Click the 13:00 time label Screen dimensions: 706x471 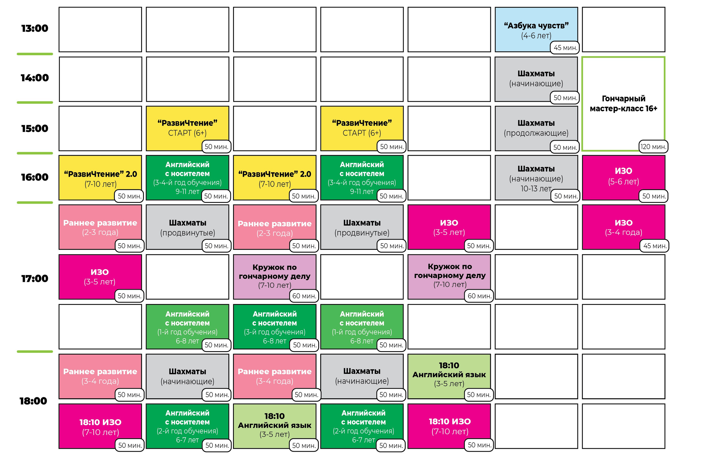pyautogui.click(x=34, y=28)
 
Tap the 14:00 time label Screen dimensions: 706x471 pyautogui.click(x=34, y=78)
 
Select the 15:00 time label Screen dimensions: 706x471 pyautogui.click(x=34, y=129)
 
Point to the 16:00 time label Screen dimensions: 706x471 pyautogui.click(x=34, y=177)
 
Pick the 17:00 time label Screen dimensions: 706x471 pyautogui.click(x=34, y=279)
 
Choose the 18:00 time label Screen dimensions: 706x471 pyautogui.click(x=33, y=401)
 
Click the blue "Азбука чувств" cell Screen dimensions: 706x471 pyautogui.click(x=536, y=30)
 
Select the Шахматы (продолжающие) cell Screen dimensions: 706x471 pyautogui.click(x=536, y=128)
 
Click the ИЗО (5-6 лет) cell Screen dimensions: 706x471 pyautogui.click(x=623, y=178)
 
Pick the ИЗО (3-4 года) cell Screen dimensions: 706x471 pyautogui.click(x=623, y=227)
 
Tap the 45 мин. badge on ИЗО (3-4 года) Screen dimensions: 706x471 pyautogui.click(x=655, y=246)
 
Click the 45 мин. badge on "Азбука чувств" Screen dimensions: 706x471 pyautogui.click(x=565, y=47)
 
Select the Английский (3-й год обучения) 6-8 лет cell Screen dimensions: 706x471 pyautogui.click(x=274, y=327)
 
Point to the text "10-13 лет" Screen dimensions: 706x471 pyautogui.click(x=536, y=189)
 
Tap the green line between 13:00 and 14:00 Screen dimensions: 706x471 pyautogui.click(x=35, y=54)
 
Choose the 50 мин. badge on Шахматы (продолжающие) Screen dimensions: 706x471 pyautogui.click(x=565, y=147)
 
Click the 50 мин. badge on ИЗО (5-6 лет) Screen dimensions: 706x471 pyautogui.click(x=654, y=196)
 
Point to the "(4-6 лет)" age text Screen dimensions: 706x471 pyautogui.click(x=536, y=36)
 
